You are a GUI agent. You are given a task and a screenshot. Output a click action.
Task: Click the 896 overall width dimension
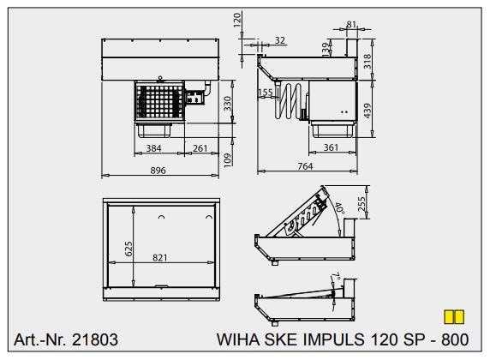tap(158, 171)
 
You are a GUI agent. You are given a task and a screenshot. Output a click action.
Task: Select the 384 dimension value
tap(153, 148)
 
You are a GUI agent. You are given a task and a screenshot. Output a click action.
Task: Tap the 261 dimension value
tap(200, 148)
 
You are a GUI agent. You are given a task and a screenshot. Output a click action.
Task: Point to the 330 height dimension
tap(228, 104)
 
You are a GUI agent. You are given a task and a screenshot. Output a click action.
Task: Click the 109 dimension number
tap(228, 159)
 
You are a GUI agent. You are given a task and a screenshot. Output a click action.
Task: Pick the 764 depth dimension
tap(305, 166)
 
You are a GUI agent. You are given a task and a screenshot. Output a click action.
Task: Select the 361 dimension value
tap(331, 147)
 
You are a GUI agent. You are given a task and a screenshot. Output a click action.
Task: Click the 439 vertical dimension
tap(367, 111)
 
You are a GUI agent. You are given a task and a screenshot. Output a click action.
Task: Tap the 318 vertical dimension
tap(367, 62)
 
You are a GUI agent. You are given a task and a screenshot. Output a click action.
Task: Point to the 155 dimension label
tap(266, 93)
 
